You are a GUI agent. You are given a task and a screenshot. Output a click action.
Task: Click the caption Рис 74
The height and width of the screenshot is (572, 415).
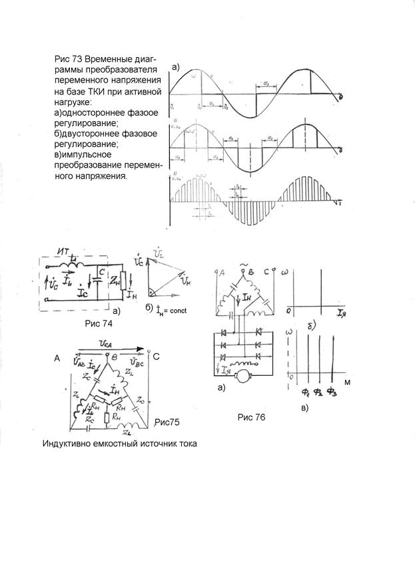99,324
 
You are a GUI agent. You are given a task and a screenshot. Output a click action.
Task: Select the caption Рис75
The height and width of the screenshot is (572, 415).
167,422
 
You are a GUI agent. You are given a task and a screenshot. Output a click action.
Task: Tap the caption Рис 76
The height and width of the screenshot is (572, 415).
252,418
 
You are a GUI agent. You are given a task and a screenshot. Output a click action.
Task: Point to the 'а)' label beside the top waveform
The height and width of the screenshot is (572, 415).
176,67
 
